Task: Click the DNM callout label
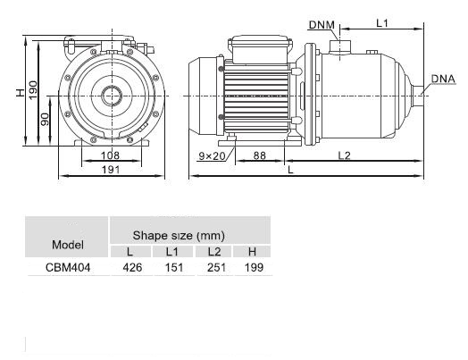(322, 25)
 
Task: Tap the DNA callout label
(443, 79)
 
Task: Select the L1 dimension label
(381, 23)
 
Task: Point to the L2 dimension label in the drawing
(344, 155)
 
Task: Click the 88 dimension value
(259, 155)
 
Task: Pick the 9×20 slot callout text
(212, 155)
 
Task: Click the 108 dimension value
(110, 155)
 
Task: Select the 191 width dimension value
(111, 170)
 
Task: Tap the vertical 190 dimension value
(33, 90)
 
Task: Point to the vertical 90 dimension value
(45, 119)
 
